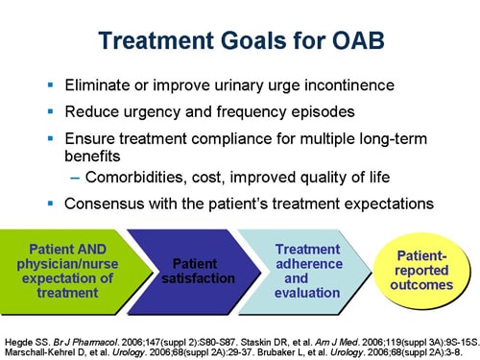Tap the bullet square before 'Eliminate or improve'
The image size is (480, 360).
[x=50, y=84]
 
